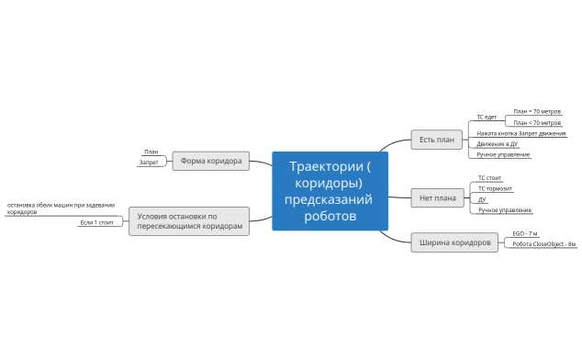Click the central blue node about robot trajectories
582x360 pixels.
pos(330,191)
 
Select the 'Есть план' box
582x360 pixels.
pos(436,140)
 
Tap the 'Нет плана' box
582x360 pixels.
pos(437,197)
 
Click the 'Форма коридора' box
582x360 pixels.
pos(210,161)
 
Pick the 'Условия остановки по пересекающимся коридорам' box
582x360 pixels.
pos(189,221)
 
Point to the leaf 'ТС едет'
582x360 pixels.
pos(487,118)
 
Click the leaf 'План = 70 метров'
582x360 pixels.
pos(537,111)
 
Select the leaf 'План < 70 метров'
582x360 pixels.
pos(537,123)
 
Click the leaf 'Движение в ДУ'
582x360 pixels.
pos(498,144)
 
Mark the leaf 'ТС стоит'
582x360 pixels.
pos(489,178)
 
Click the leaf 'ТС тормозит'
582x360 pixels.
pos(496,188)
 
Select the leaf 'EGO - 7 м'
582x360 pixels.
pos(524,234)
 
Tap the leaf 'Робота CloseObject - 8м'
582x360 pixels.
pos(543,244)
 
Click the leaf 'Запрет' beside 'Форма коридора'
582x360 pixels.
pos(148,163)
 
